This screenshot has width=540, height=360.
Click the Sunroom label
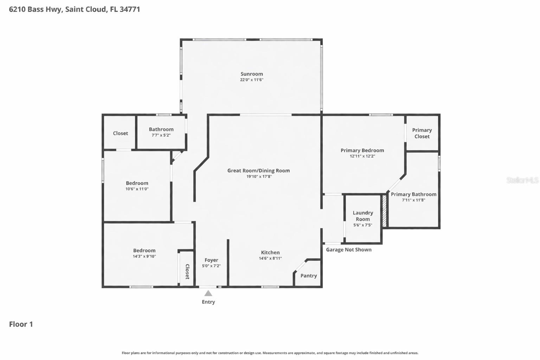tap(252, 74)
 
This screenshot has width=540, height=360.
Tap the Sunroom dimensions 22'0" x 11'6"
tap(252, 80)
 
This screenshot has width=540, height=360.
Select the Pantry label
tap(309, 276)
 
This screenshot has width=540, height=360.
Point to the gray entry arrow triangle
tap(208, 293)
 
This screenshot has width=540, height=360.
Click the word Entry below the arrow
tap(208, 302)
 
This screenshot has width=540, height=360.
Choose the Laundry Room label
tap(363, 216)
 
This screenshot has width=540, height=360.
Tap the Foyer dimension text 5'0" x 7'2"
tap(211, 266)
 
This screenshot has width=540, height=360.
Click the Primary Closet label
tap(422, 133)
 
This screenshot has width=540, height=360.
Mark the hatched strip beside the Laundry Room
tap(384, 211)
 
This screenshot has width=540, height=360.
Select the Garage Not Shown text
tap(349, 250)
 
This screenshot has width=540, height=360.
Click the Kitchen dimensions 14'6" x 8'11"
tap(270, 258)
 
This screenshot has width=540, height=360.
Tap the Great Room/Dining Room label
tap(259, 171)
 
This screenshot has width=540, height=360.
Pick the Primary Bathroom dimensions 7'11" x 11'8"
tap(413, 200)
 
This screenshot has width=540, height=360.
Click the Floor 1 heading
tap(21, 324)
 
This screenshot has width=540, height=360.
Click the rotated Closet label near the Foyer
tap(187, 271)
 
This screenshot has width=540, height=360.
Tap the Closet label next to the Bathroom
tap(121, 133)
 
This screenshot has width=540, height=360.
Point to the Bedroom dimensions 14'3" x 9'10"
tap(144, 256)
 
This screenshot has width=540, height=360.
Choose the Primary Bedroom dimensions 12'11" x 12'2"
tap(362, 156)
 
